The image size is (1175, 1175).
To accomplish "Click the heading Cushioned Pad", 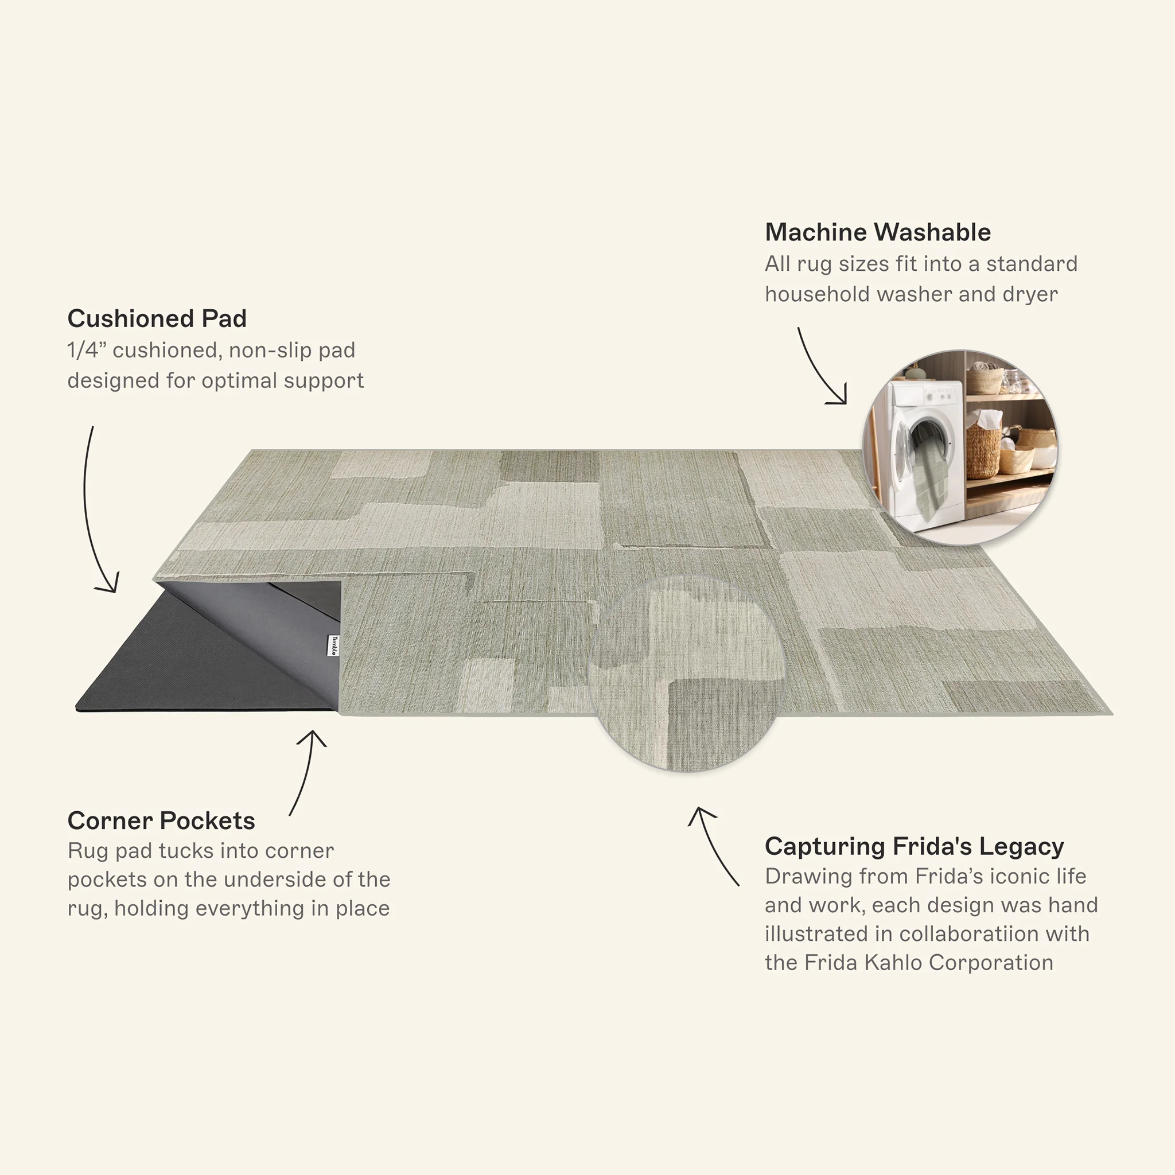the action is (157, 318).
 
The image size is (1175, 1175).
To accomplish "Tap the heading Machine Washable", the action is (878, 232).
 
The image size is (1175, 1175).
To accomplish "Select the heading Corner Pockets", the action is (161, 821).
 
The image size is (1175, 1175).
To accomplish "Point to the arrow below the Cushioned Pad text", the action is (87, 511).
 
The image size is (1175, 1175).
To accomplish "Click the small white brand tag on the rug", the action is (334, 645).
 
